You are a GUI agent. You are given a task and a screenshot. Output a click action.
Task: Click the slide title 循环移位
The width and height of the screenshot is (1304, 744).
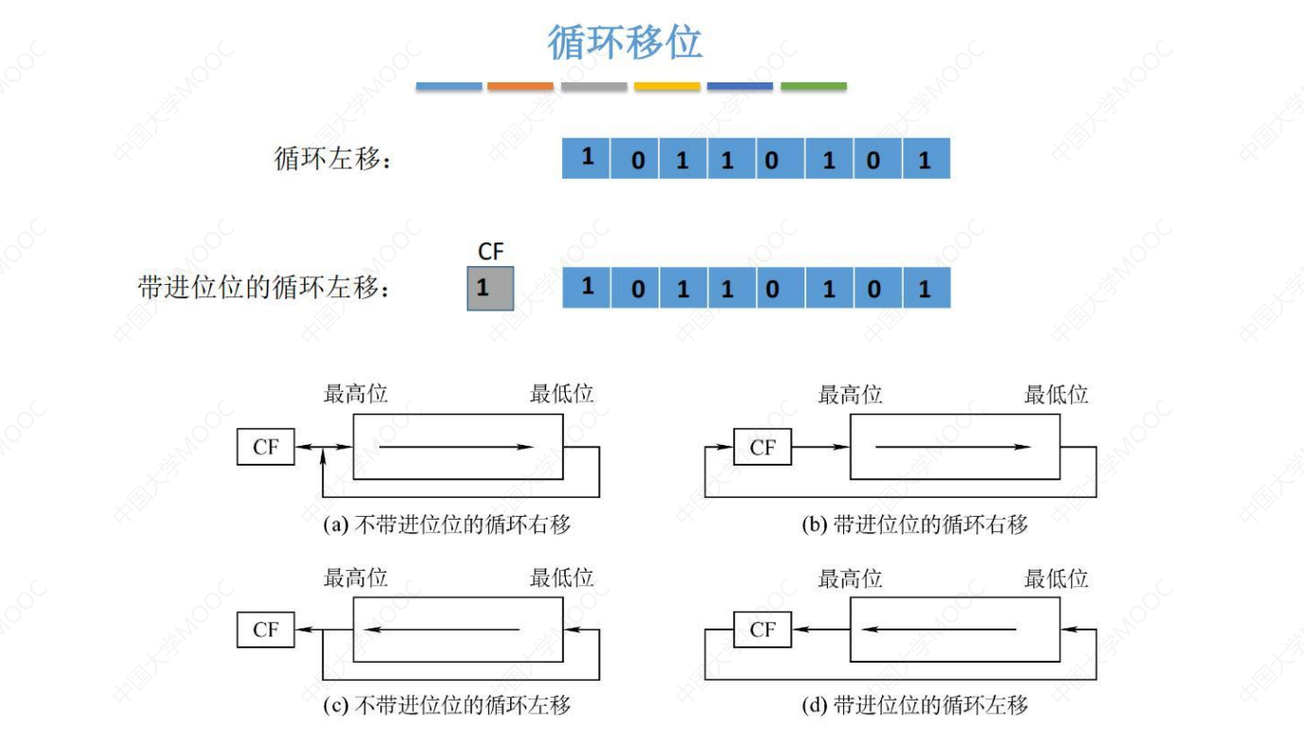click(625, 43)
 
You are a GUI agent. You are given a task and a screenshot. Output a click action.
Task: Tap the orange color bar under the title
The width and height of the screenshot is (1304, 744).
click(520, 86)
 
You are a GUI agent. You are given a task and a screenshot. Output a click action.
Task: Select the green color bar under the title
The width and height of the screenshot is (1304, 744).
click(813, 86)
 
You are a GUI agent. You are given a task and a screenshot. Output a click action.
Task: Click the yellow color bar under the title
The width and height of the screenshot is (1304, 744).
click(667, 86)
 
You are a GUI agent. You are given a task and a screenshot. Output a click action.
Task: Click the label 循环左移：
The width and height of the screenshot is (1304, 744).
click(332, 159)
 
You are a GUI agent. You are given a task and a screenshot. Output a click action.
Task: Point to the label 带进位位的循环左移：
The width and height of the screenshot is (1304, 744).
click(264, 288)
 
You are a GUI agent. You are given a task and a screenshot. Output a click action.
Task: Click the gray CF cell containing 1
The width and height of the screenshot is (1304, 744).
click(490, 288)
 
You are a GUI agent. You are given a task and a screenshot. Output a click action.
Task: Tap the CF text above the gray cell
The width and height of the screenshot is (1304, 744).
click(490, 252)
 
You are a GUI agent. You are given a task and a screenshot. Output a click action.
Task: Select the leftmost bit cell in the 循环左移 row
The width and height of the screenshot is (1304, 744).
click(587, 158)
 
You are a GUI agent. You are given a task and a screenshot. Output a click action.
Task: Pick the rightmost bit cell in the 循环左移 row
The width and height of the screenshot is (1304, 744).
click(925, 158)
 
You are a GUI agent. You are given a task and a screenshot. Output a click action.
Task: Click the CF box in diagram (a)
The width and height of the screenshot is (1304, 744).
click(266, 447)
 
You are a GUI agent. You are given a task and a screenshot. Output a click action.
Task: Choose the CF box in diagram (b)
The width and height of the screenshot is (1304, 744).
click(762, 447)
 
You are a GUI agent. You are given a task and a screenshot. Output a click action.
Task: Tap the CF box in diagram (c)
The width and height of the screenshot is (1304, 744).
click(266, 629)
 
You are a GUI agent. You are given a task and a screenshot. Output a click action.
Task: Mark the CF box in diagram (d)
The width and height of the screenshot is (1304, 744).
click(762, 629)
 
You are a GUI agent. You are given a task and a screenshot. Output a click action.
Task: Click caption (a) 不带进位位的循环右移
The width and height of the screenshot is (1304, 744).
click(448, 524)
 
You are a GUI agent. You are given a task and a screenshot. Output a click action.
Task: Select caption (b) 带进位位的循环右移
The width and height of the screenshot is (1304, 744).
click(914, 524)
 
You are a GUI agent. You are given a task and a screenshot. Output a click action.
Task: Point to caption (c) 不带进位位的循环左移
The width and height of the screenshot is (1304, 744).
click(448, 705)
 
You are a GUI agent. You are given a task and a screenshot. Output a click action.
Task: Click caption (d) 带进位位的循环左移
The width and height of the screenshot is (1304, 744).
click(914, 705)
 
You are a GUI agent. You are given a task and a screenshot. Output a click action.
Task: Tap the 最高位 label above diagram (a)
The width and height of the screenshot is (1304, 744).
click(356, 394)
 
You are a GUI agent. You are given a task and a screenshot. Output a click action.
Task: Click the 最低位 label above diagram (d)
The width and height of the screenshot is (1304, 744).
click(1056, 577)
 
